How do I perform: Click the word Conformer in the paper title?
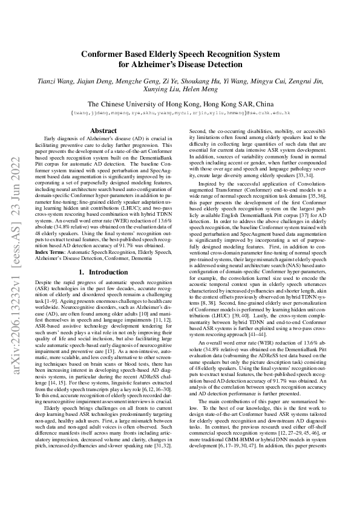[x=105, y=53]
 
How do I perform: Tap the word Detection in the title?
[x=222, y=64]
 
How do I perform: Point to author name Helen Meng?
[x=203, y=89]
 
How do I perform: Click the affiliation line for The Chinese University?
[x=180, y=103]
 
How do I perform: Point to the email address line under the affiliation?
[x=180, y=112]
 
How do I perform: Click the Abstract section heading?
[x=103, y=131]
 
